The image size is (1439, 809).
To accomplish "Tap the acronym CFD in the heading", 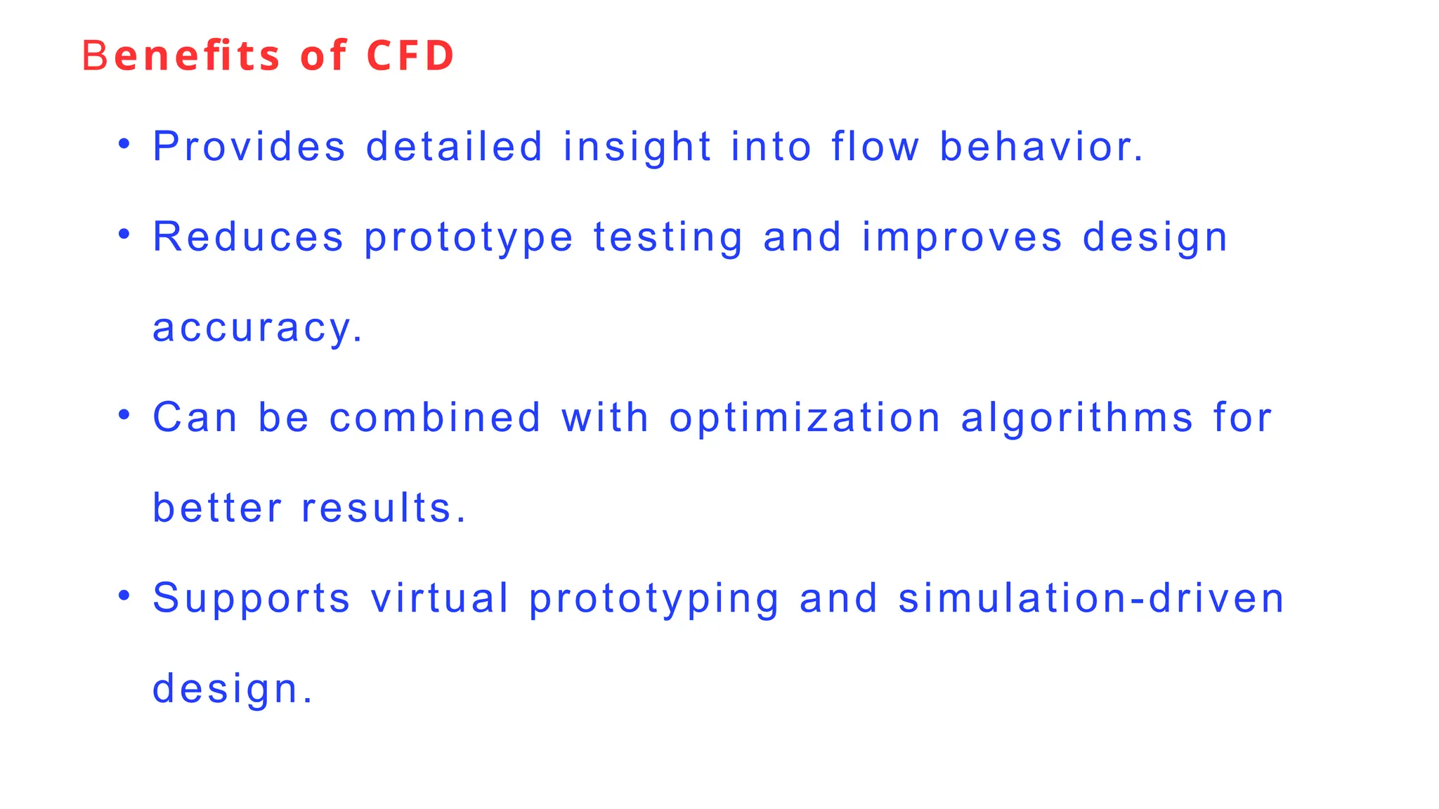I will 410,55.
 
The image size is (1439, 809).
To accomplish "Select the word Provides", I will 249,147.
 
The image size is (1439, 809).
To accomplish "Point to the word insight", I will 637,147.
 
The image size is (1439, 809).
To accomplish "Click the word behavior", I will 1041,147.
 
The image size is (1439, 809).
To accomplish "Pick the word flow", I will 875,147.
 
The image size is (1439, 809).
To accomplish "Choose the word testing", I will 668,237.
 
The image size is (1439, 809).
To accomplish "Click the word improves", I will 962,237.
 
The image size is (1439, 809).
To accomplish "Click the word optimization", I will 805,418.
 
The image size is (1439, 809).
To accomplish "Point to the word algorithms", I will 1077,418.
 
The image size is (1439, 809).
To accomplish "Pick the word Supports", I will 252,598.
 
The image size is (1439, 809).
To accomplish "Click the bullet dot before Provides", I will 124,144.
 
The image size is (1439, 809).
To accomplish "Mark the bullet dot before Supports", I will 124,596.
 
